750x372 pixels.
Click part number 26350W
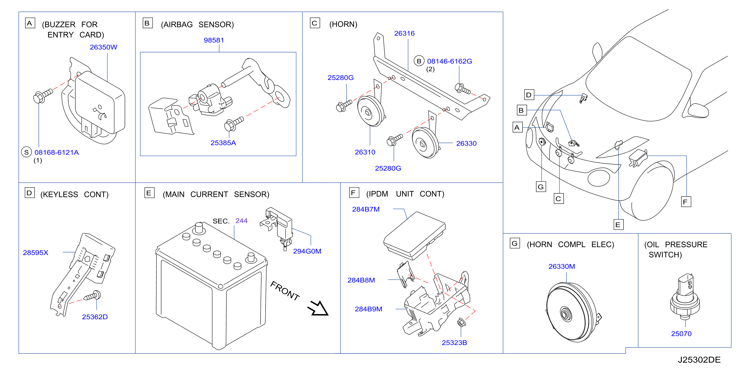pyautogui.click(x=103, y=47)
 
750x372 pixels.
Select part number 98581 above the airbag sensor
pyautogui.click(x=214, y=40)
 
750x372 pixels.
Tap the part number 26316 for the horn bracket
pyautogui.click(x=404, y=34)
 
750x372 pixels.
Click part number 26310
pyautogui.click(x=365, y=152)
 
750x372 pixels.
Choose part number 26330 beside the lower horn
pyautogui.click(x=466, y=143)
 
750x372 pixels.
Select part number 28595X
pyautogui.click(x=36, y=253)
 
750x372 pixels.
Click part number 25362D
pyautogui.click(x=95, y=317)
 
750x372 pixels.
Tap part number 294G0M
pyautogui.click(x=307, y=251)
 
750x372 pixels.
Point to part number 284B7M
pyautogui.click(x=366, y=209)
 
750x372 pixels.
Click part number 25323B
pyautogui.click(x=454, y=343)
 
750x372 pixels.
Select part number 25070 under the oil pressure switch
pyautogui.click(x=681, y=334)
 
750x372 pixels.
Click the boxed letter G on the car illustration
pyautogui.click(x=541, y=187)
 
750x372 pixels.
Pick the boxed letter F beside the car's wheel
pyautogui.click(x=686, y=202)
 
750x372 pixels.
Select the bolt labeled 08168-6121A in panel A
pyautogui.click(x=43, y=95)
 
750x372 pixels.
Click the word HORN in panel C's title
pyautogui.click(x=343, y=24)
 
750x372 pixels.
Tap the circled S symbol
pyautogui.click(x=27, y=152)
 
